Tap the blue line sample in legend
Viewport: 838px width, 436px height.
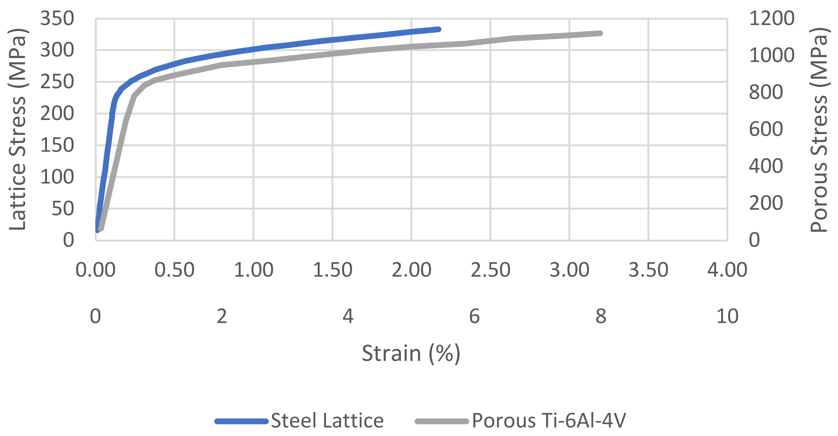(242, 421)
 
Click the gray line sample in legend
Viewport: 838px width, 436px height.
(442, 421)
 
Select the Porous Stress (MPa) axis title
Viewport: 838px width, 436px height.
(819, 129)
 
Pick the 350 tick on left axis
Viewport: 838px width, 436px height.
(57, 19)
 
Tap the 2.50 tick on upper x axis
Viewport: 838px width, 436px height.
(490, 270)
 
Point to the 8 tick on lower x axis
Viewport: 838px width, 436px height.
(601, 316)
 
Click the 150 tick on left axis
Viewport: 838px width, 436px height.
(57, 145)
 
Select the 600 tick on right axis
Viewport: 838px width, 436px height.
(766, 129)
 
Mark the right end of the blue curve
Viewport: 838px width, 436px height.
(439, 29)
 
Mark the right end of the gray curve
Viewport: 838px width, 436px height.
(600, 33)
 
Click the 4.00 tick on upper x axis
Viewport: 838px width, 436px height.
(727, 270)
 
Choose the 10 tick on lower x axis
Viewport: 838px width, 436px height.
(727, 316)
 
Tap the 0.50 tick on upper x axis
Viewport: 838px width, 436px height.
(174, 270)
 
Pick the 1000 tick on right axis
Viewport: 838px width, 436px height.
(772, 55)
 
